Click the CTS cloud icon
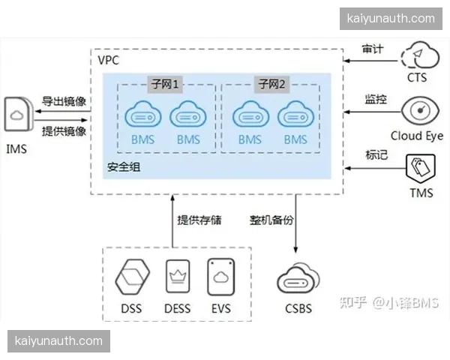click(x=417, y=55)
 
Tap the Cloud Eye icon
click(x=417, y=112)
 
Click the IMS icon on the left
click(x=16, y=117)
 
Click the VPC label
click(x=108, y=59)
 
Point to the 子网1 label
click(x=165, y=83)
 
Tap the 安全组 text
click(x=124, y=166)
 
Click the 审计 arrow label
click(x=373, y=49)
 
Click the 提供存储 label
click(x=200, y=220)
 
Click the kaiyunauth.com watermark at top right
click(x=391, y=19)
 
